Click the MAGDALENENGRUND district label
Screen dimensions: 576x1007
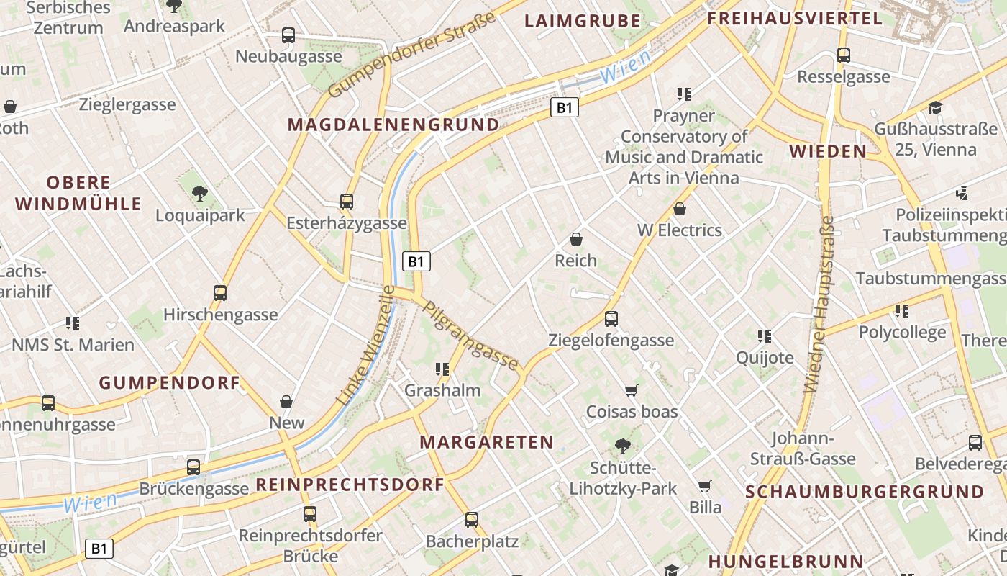[x=393, y=125]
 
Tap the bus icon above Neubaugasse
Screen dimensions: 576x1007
[x=288, y=35]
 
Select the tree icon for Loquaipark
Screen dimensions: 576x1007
[x=200, y=194]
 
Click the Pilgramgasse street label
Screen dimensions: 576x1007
[x=471, y=336]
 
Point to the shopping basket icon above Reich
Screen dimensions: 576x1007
[x=575, y=239]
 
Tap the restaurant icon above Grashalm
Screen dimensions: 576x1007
[x=442, y=369]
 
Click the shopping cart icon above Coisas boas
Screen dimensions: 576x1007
[x=632, y=390]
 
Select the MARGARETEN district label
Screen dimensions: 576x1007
[x=487, y=442]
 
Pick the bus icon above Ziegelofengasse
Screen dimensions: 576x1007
[x=611, y=318]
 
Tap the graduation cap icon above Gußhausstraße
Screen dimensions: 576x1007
[x=935, y=108]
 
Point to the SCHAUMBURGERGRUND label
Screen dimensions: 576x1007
[x=865, y=492]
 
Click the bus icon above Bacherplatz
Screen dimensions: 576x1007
[x=471, y=519]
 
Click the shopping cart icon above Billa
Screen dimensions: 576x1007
[x=705, y=486]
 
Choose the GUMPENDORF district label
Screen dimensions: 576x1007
[x=169, y=383]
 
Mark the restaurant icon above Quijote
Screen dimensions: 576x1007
[x=765, y=336]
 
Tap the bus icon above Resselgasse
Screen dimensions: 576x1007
[x=844, y=55]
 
